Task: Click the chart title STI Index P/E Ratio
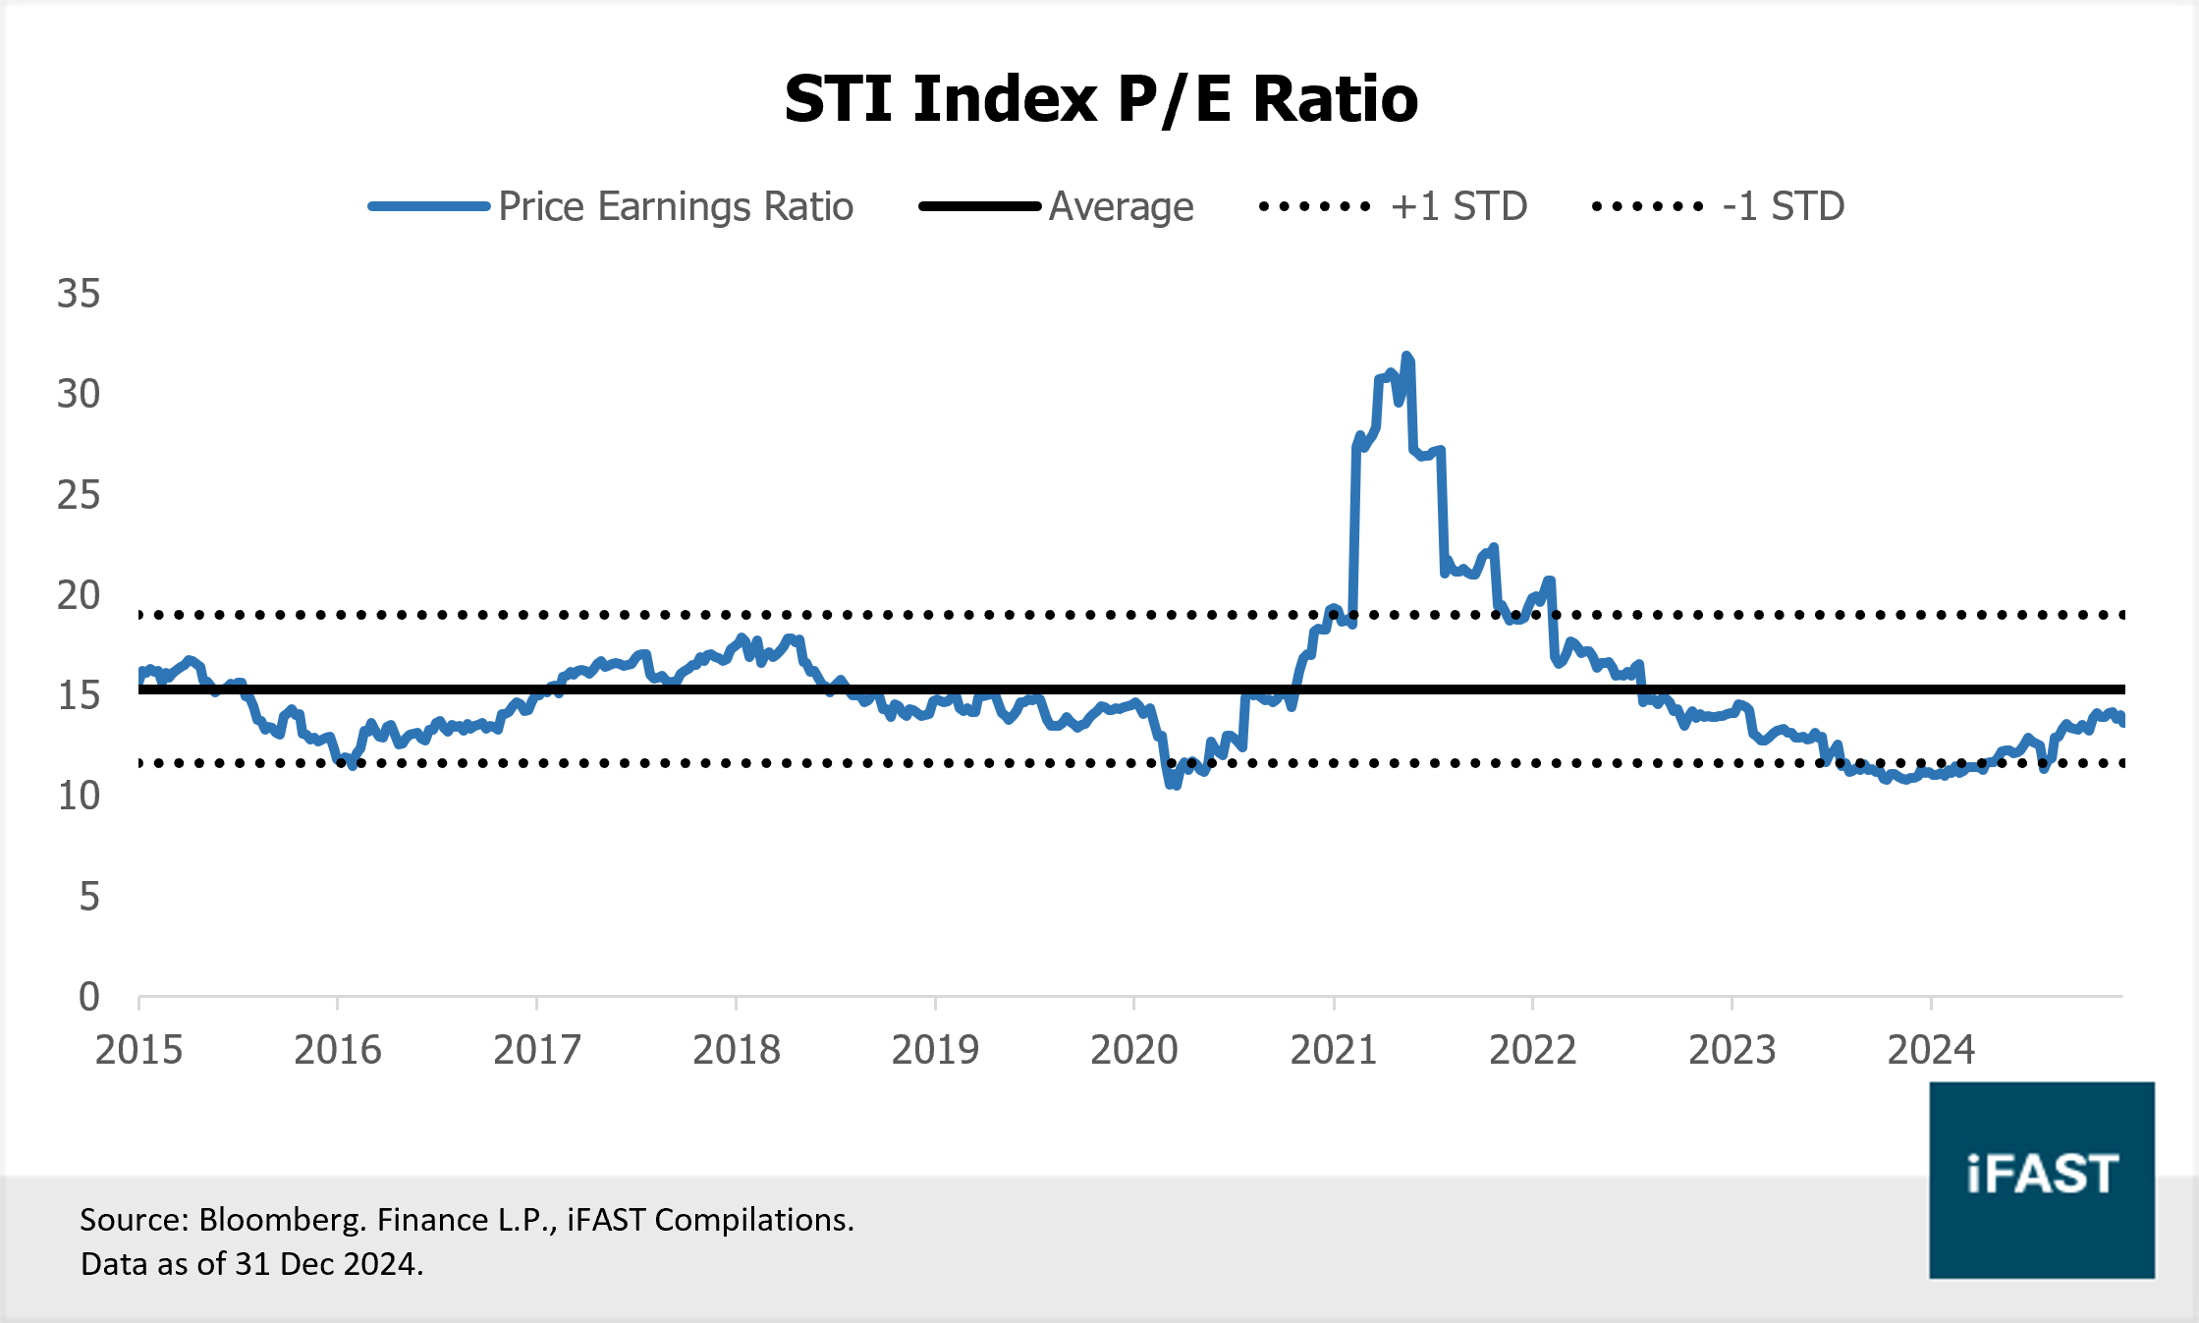click(1101, 99)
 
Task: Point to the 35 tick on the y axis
click(79, 294)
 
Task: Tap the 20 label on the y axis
click(79, 595)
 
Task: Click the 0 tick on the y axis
click(89, 997)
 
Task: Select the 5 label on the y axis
click(89, 897)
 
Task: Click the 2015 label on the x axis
click(138, 1050)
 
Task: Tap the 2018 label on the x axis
click(736, 1050)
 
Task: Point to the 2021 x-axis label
click(1333, 1050)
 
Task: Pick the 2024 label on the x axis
click(1931, 1050)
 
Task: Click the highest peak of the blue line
click(1406, 357)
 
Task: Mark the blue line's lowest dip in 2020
click(1172, 785)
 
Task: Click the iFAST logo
click(2041, 1179)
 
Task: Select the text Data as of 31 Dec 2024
click(251, 1263)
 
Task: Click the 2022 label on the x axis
click(1532, 1050)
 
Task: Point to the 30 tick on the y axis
click(79, 394)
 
